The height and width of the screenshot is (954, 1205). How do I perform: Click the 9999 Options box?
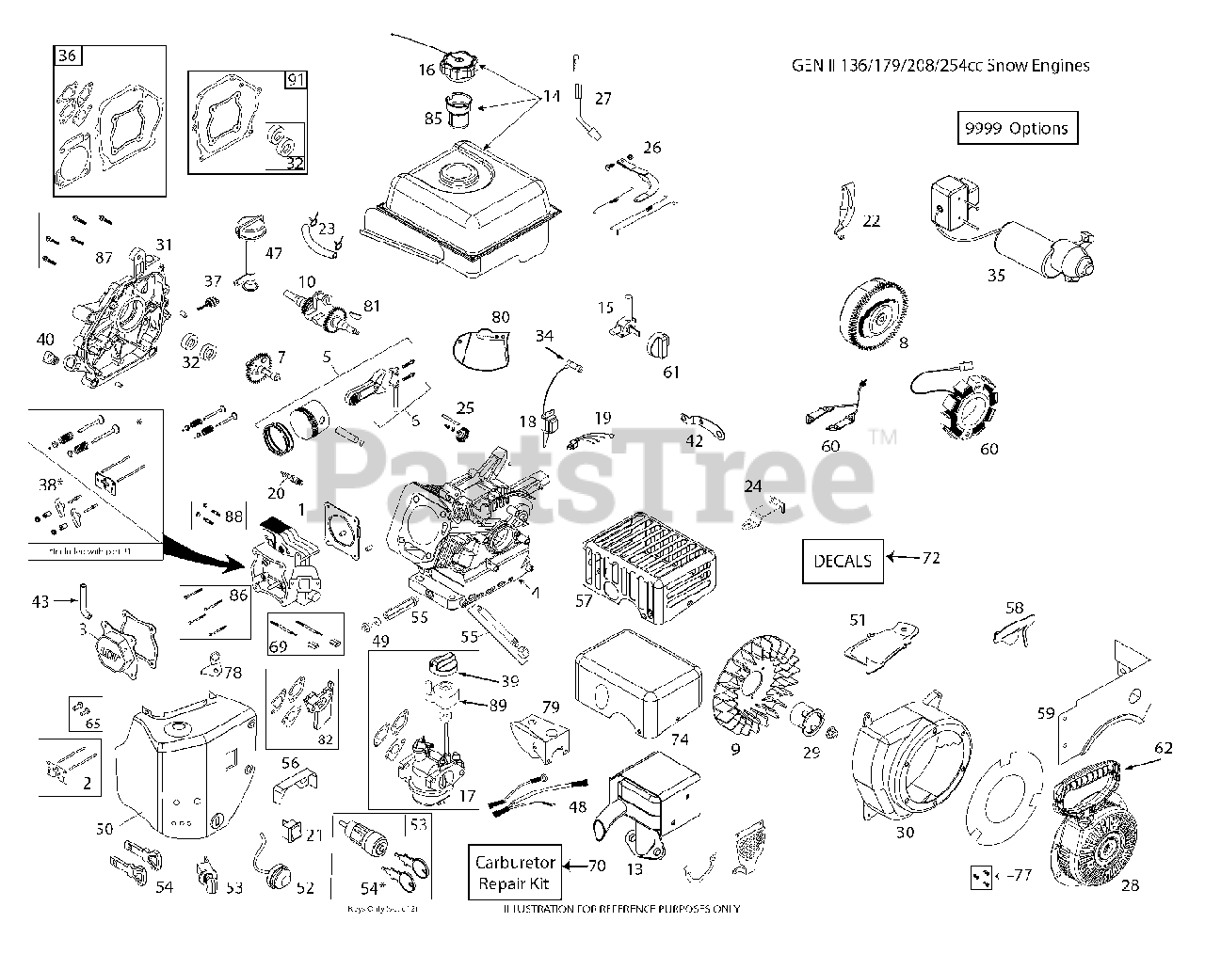(x=1017, y=128)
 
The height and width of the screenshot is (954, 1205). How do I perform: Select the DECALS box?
(x=843, y=561)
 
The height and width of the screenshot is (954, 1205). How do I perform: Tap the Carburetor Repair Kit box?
(x=516, y=872)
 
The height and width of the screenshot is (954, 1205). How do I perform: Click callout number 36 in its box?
(x=66, y=56)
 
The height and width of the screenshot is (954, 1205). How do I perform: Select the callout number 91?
(x=296, y=81)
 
